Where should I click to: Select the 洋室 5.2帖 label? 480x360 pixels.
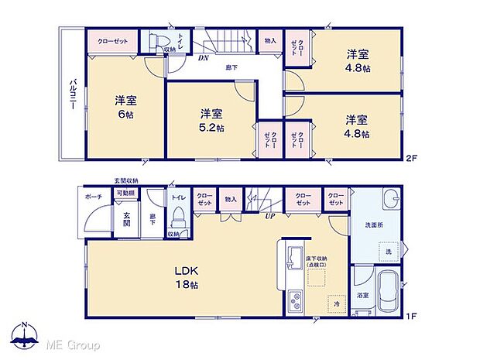(x=208, y=121)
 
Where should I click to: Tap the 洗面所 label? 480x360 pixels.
(x=375, y=225)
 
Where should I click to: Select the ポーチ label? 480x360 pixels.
(x=94, y=197)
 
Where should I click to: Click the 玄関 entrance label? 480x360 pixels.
(x=126, y=218)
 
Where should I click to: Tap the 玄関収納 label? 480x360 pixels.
(x=127, y=180)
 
